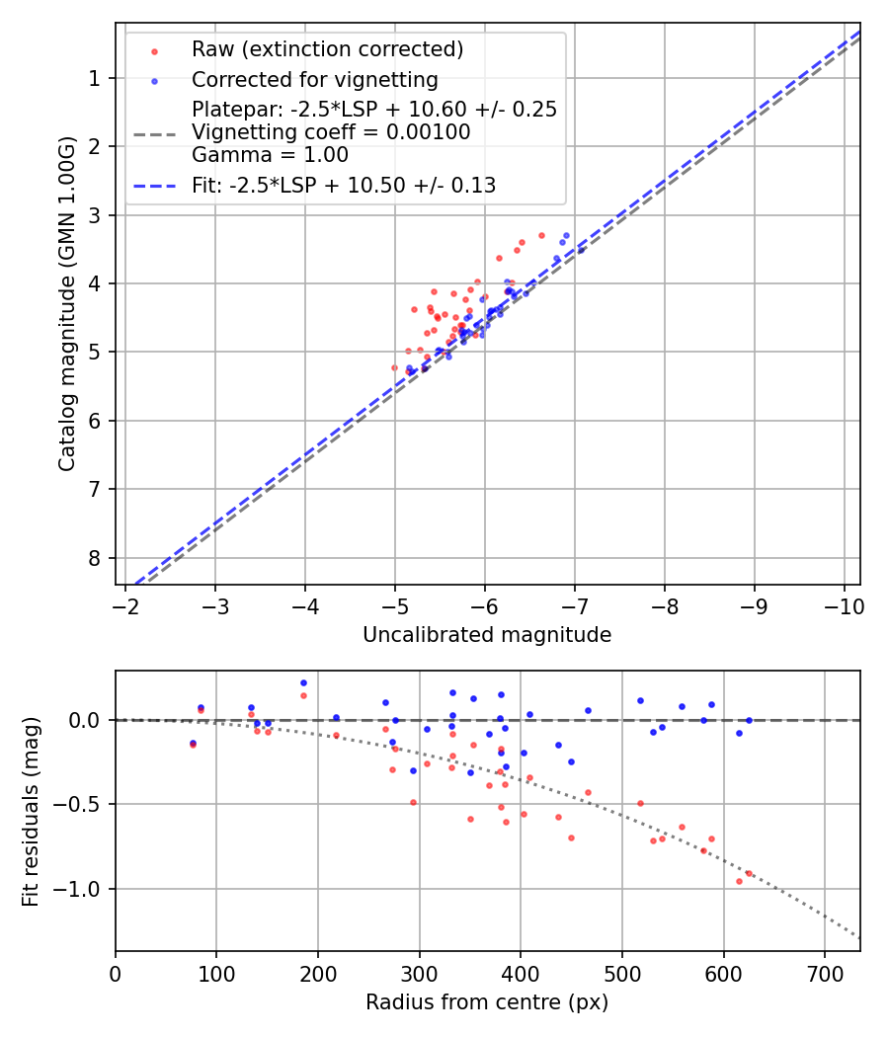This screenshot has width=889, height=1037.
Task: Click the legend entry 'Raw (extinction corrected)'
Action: [327, 49]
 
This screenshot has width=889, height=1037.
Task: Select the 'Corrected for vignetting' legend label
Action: [314, 80]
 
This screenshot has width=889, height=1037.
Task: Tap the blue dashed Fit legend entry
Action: [344, 185]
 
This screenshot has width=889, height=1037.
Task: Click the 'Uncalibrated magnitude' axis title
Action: [487, 635]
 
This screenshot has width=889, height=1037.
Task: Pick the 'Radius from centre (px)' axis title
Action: [487, 1002]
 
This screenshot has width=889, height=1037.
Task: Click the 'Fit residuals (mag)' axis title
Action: [31, 812]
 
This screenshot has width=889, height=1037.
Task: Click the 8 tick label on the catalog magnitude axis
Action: [94, 558]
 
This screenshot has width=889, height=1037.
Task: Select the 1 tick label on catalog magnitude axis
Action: [94, 78]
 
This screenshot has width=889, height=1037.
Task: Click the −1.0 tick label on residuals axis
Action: [80, 889]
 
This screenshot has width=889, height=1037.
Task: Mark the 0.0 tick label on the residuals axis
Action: [85, 720]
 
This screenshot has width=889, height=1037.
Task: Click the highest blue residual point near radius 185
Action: [303, 682]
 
